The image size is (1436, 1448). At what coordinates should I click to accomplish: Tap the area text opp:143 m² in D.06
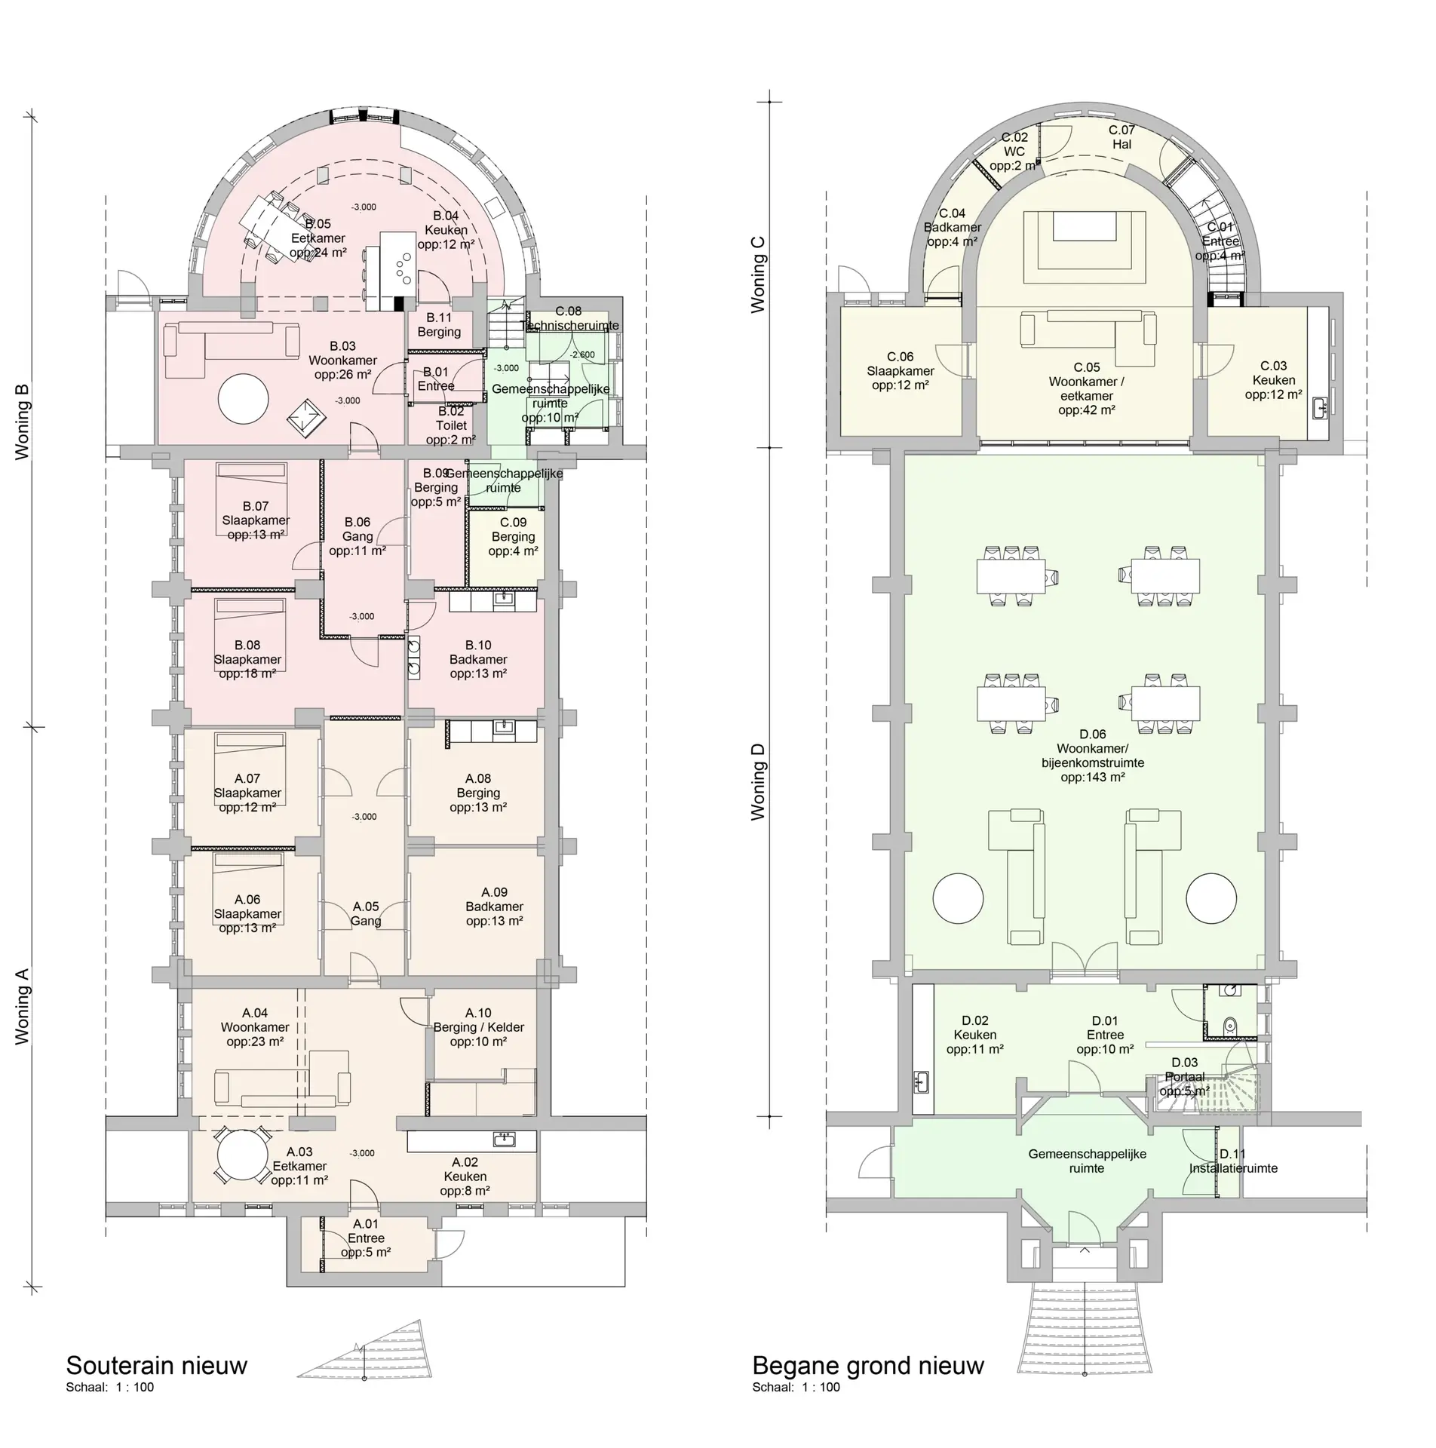click(1092, 777)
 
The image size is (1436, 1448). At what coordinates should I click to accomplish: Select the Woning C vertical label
click(758, 275)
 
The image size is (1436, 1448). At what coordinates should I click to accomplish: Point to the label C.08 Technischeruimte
click(569, 318)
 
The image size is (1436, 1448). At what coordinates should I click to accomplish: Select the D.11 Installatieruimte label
click(1233, 1161)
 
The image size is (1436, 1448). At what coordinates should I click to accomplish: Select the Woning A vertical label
click(23, 1007)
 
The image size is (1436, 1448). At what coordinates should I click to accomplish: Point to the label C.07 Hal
click(1121, 137)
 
